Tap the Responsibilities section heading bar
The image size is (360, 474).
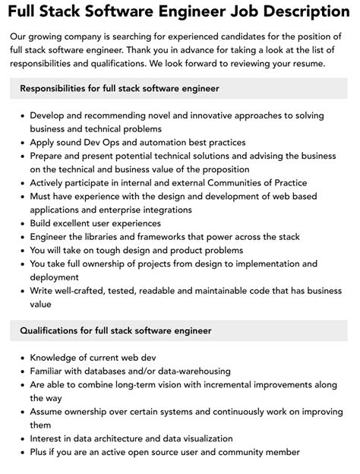[179, 89]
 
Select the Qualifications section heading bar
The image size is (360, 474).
[179, 330]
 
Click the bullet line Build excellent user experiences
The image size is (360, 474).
[102, 223]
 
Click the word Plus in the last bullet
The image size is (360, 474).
[39, 453]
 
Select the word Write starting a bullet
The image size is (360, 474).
[43, 291]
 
